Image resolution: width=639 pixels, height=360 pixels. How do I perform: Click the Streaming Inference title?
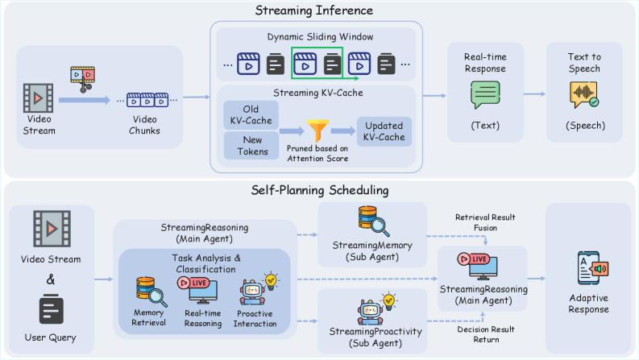tap(319, 10)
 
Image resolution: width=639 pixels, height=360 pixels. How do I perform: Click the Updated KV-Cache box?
tap(384, 130)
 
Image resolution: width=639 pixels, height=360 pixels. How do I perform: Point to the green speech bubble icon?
tap(485, 96)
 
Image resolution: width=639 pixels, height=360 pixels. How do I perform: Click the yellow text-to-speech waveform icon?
tap(584, 96)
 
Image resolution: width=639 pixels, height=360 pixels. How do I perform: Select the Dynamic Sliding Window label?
tap(314, 36)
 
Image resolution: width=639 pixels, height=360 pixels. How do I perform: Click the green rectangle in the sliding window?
tap(317, 64)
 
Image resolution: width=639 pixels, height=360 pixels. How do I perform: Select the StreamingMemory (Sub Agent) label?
tap(371, 250)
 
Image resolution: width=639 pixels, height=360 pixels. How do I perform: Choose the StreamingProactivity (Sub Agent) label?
tap(371, 337)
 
